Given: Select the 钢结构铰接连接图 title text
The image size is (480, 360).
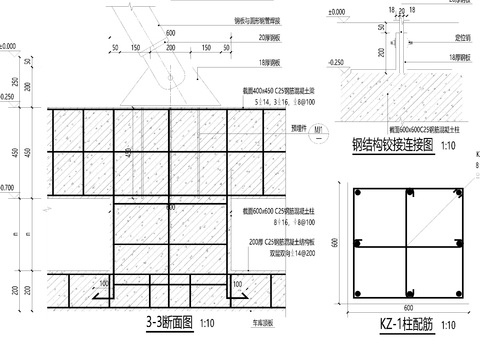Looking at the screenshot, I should [x=393, y=146].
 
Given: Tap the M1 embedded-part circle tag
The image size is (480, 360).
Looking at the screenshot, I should [x=318, y=128].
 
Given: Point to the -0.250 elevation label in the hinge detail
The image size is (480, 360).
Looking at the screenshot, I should [x=337, y=62].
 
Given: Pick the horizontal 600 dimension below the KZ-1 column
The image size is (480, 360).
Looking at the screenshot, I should [x=408, y=307].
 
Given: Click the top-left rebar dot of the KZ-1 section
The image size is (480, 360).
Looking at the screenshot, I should [x=357, y=188].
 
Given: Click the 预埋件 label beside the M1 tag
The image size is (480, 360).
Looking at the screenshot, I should [x=297, y=128].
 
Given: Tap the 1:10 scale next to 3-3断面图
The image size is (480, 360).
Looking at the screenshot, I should [x=207, y=324].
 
